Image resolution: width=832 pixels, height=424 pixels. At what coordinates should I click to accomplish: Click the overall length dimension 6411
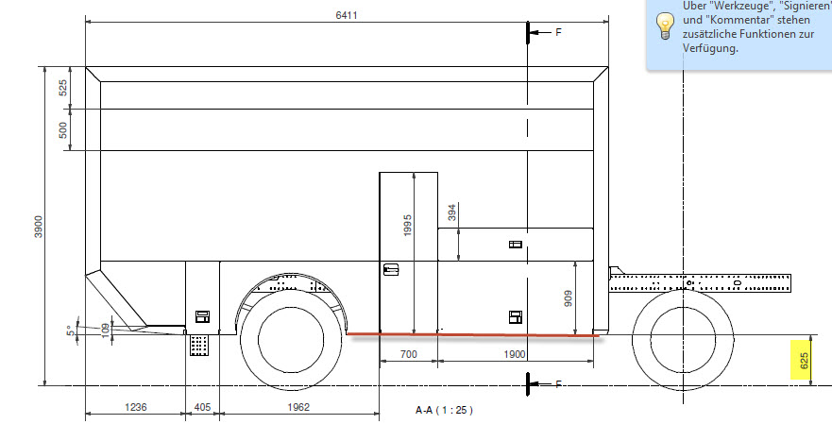[347, 15]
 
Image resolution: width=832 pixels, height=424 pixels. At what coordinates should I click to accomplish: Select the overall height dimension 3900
[39, 227]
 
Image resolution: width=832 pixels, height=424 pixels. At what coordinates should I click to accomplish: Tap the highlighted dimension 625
[804, 361]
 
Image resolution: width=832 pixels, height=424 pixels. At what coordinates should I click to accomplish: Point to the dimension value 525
[63, 88]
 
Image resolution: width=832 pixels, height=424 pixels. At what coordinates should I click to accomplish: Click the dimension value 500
[63, 130]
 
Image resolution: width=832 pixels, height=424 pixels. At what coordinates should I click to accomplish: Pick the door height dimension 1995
[408, 226]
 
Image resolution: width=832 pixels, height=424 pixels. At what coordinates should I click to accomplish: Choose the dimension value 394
[452, 212]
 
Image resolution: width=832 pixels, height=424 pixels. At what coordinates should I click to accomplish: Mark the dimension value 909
[569, 298]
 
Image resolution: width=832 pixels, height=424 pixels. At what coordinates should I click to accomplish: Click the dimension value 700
[409, 354]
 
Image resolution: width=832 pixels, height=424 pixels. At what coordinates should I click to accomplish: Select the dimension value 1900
[514, 354]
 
